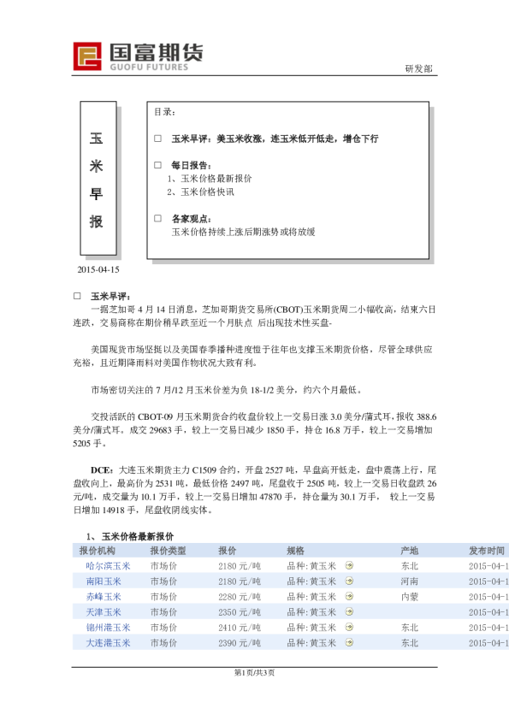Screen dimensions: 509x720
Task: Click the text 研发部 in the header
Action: point(418,68)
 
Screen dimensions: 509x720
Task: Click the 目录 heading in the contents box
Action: point(165,112)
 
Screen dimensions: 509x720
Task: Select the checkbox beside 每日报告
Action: point(157,164)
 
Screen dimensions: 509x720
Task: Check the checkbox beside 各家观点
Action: point(157,218)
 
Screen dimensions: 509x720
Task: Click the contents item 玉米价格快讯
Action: point(204,192)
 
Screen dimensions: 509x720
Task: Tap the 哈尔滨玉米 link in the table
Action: point(109,566)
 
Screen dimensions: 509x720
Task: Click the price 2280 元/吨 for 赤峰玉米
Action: point(240,597)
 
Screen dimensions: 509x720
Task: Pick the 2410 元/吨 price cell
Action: point(240,628)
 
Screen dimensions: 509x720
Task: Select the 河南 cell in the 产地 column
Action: point(409,581)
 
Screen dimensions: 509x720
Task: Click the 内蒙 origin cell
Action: point(409,597)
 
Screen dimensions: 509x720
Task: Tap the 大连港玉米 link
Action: point(109,643)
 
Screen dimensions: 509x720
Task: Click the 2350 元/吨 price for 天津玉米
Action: point(240,612)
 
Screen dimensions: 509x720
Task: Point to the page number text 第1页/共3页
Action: point(254,673)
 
